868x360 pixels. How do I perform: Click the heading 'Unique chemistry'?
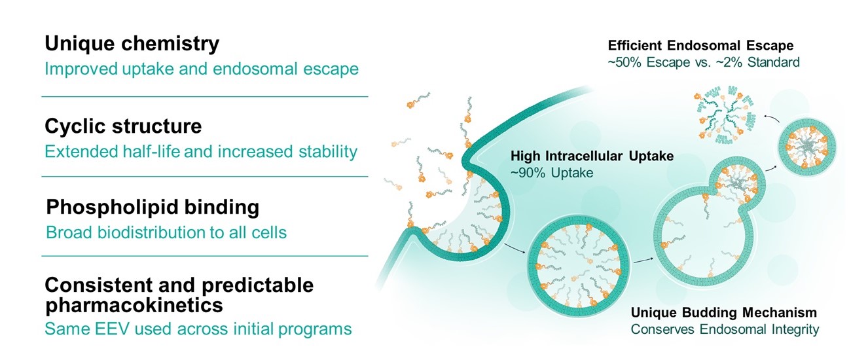tap(132, 45)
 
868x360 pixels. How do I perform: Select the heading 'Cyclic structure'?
tap(123, 126)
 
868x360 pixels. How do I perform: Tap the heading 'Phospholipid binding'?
tap(153, 207)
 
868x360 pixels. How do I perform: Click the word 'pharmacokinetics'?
tap(134, 305)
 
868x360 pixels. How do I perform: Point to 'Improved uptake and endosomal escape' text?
tap(202, 69)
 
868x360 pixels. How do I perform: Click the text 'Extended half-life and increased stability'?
tap(201, 152)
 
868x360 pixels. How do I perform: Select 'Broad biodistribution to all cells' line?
tap(166, 232)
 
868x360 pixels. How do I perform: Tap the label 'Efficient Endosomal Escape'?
tap(700, 46)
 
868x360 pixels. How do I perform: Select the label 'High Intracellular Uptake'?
tap(592, 156)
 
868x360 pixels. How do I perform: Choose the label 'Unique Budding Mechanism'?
tap(723, 312)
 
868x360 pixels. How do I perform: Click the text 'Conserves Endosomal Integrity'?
tap(725, 329)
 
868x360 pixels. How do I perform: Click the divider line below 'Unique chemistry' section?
tap(205, 96)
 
